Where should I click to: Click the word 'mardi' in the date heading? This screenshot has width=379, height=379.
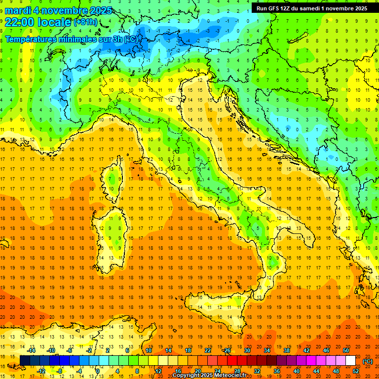19,10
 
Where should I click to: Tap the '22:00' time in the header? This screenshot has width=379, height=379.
18,22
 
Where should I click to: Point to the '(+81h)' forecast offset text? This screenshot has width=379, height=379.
85,22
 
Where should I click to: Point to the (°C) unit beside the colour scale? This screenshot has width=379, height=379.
367,361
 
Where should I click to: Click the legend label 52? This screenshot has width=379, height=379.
356,371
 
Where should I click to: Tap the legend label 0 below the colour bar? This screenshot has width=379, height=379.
98,371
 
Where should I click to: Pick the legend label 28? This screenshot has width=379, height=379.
237,371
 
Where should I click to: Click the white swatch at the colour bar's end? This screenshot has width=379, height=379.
350,361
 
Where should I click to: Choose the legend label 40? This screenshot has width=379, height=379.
296,371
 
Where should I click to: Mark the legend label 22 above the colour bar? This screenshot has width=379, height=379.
207,350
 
